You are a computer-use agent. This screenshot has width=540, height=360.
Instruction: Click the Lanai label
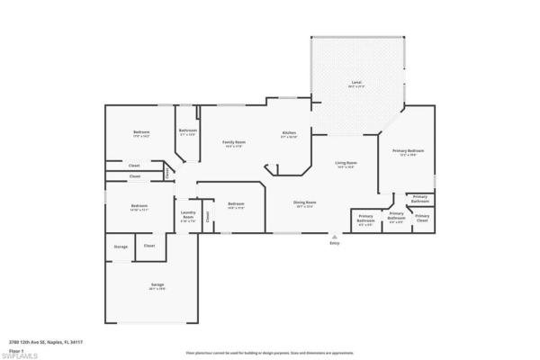[x=356, y=83]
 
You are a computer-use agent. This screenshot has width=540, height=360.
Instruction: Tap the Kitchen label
[x=289, y=131]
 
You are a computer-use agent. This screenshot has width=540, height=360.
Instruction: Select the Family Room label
[x=234, y=142]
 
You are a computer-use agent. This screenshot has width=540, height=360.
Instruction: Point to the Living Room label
[x=346, y=163]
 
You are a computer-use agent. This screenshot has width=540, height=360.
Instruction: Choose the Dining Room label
[x=303, y=202]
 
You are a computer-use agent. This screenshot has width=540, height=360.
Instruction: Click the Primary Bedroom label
[x=408, y=150]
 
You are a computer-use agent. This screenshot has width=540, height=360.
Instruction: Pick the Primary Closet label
[x=422, y=217]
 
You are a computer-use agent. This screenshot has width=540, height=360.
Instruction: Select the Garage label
[x=157, y=285]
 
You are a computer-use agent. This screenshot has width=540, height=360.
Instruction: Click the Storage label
[x=120, y=246]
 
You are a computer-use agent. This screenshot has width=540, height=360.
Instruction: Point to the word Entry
[x=335, y=243]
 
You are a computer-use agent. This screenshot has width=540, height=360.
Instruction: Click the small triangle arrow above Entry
[x=335, y=237]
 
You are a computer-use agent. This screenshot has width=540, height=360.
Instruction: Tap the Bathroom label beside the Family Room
[x=187, y=131]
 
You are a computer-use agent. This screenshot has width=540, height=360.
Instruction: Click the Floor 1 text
[x=16, y=349]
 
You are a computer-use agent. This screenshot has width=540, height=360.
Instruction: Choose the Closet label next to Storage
[x=149, y=246]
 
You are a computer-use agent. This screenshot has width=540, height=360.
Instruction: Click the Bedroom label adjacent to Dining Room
[x=236, y=204]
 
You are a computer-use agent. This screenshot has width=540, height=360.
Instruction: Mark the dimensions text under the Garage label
[x=157, y=290]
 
